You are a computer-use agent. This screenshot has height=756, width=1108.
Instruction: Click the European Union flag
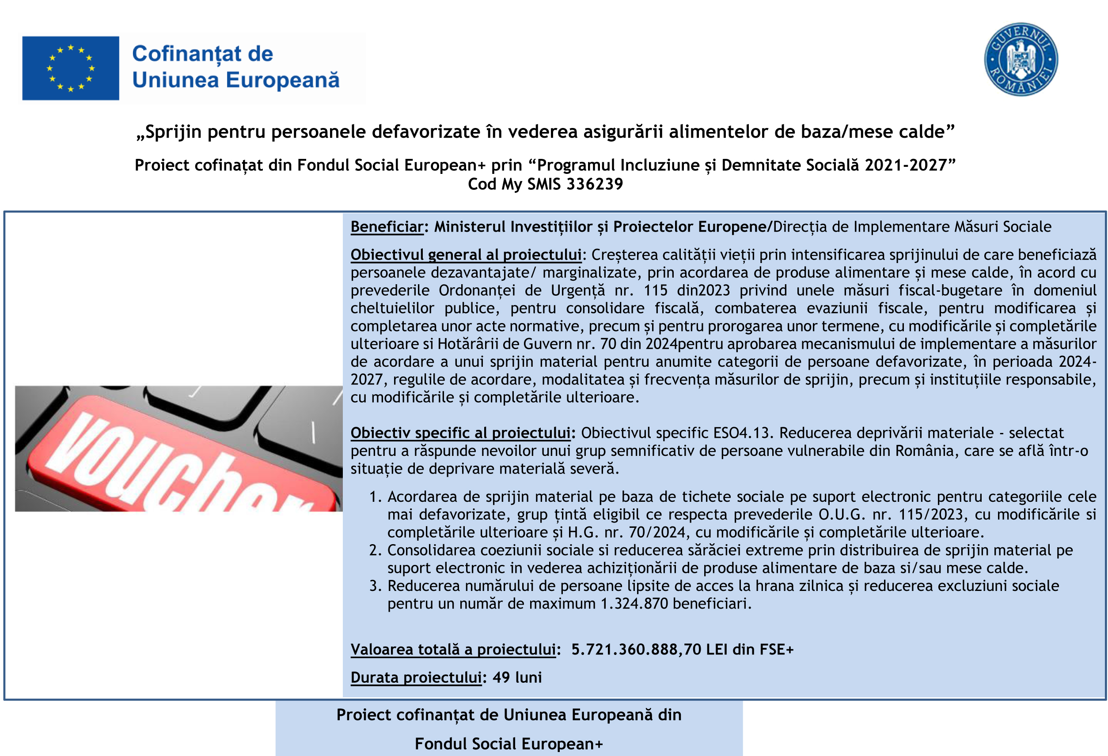71,68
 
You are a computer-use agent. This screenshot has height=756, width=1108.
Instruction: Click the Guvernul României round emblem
1021,60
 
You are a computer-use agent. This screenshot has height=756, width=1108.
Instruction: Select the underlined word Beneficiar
387,227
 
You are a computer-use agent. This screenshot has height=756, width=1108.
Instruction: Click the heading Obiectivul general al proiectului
466,255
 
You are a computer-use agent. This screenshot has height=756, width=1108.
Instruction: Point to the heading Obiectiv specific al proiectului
460,433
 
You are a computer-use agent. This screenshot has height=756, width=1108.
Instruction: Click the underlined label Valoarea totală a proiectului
453,650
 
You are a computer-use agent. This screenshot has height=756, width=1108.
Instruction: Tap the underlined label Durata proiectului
416,677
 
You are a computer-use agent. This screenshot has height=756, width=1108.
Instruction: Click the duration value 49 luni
517,677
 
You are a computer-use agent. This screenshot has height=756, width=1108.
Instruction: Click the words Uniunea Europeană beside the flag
235,80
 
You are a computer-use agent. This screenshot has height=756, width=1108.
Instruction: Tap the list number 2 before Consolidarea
375,551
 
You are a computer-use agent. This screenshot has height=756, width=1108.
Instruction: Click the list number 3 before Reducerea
375,587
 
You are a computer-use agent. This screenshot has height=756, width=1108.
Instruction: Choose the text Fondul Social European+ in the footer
508,744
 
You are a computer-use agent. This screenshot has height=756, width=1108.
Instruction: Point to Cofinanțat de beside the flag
202,54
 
